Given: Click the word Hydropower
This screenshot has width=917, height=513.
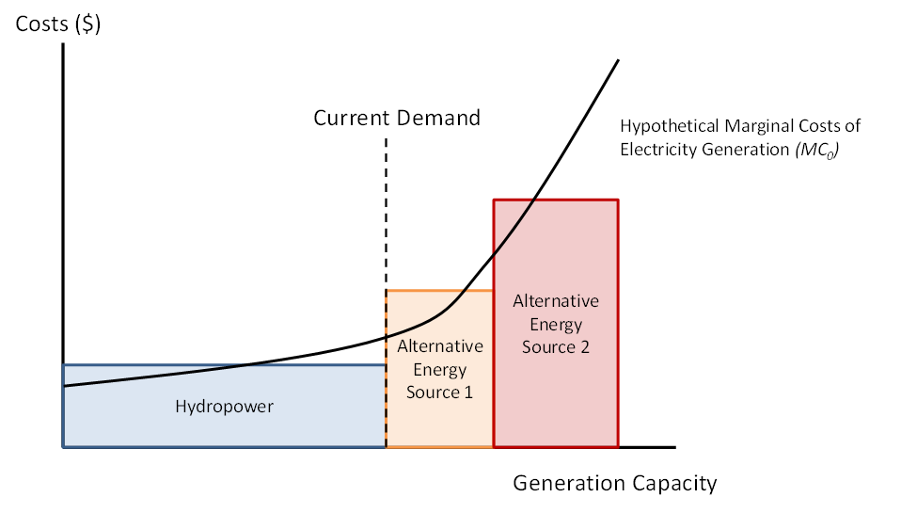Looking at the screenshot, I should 224,407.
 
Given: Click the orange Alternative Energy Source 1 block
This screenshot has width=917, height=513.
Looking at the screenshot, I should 439,424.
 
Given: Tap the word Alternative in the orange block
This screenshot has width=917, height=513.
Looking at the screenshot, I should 439,346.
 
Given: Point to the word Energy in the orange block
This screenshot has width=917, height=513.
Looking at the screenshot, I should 439,369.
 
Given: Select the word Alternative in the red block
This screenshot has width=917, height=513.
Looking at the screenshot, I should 556,301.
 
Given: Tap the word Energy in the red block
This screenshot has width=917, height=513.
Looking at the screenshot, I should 556,325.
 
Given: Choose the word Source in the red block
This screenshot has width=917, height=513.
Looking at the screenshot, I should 546,347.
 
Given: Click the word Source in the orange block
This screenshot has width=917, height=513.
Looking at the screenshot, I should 430,392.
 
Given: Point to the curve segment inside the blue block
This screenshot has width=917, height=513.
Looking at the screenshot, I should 169,375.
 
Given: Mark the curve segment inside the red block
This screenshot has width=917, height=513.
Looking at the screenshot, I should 513,227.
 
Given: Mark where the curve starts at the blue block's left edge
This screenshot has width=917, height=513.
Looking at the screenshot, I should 64,385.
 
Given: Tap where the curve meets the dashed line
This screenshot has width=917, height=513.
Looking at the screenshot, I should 386,336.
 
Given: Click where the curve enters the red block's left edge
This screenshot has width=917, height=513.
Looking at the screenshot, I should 493,255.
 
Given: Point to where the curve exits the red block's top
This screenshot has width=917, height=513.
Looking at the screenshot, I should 534,199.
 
